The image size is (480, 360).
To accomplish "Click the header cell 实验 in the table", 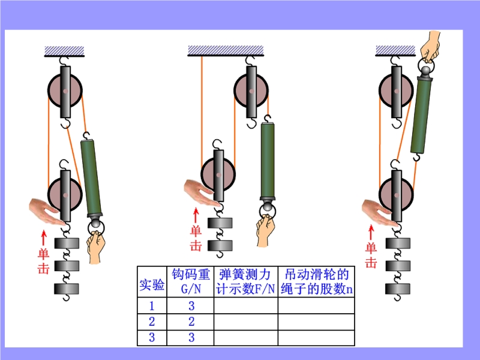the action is [x=152, y=284].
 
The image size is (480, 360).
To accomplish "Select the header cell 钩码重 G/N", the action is [x=190, y=281].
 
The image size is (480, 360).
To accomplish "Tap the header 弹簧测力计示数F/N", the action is [x=245, y=281].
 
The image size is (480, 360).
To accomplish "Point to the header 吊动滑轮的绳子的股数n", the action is [x=316, y=281].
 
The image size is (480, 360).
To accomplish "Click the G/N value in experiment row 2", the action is [x=191, y=322].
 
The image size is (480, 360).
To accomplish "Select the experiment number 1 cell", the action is [x=152, y=305].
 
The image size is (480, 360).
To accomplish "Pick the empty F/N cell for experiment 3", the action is [x=245, y=338].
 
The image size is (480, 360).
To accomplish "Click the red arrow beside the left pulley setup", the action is [x=44, y=238].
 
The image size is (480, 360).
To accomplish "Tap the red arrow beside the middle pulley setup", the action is [x=196, y=215].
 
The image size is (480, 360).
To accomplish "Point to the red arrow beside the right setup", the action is [x=371, y=232].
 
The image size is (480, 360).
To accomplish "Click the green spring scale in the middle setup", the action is [x=268, y=161].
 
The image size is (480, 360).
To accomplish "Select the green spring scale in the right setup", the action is [x=421, y=115].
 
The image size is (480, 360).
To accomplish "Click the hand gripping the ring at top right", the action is [x=430, y=46].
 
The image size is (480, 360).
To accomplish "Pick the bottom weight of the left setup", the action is [x=67, y=289].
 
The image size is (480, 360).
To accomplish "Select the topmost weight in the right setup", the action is [x=398, y=243].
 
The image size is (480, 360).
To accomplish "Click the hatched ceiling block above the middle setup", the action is [x=226, y=51].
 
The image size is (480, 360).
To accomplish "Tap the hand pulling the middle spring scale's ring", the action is [x=265, y=230].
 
